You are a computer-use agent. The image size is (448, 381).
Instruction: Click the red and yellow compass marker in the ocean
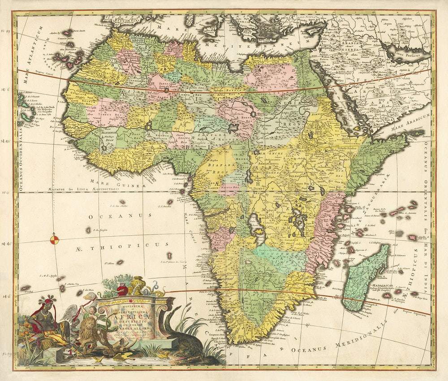coord(55,239)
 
